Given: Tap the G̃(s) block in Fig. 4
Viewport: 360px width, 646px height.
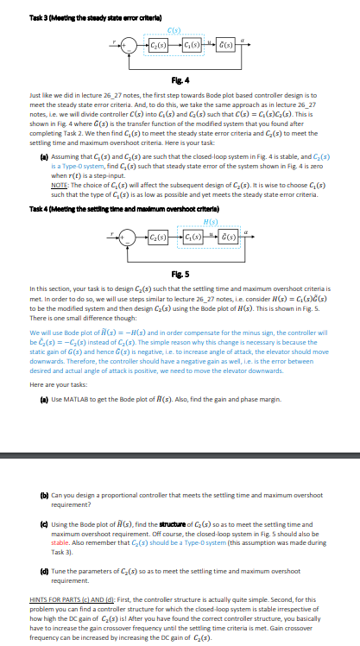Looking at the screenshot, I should (221, 44).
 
